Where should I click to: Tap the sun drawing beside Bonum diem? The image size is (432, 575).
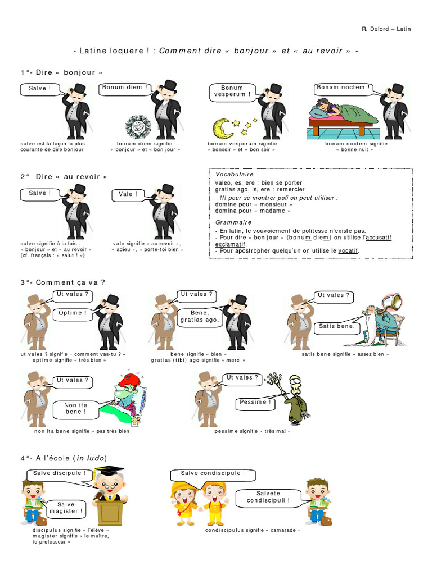(x=138, y=126)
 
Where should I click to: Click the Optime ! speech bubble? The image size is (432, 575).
(x=73, y=314)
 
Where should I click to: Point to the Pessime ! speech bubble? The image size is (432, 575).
(x=255, y=403)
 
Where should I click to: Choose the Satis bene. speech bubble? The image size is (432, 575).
(x=336, y=327)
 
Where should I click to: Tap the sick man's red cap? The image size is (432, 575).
(x=132, y=381)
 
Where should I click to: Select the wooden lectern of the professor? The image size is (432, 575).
(x=109, y=513)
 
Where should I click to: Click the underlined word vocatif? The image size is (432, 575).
(x=348, y=251)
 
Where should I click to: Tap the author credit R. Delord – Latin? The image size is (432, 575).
(x=386, y=29)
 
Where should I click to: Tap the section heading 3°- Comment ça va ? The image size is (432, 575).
(x=63, y=283)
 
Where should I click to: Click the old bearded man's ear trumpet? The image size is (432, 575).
(x=392, y=302)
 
